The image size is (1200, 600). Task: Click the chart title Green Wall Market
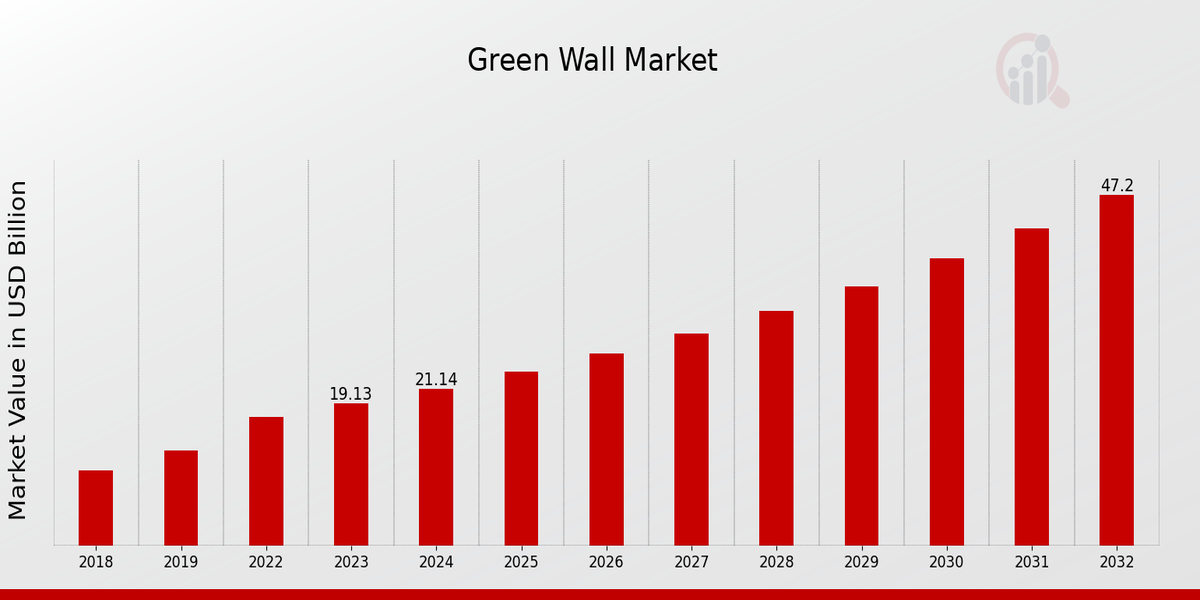592,61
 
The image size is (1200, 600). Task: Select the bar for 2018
96,507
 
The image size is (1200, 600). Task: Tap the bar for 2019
181,497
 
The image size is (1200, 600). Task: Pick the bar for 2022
266,480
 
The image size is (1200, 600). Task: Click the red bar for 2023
351,474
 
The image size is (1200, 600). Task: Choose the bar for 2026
606,449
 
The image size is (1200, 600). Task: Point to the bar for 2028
776,427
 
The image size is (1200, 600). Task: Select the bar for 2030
946,401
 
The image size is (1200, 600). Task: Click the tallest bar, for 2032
1116,370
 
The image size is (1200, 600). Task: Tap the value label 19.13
350,394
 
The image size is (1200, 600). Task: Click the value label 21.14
436,380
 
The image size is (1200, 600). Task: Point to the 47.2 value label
1117,186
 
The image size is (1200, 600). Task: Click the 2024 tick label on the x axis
436,562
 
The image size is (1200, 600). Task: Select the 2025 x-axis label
521,562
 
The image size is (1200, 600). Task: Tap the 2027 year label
691,562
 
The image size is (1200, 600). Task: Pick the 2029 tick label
861,562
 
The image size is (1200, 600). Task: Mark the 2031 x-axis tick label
1031,562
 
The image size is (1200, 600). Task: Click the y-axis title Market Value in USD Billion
18,350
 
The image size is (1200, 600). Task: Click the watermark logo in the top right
1031,70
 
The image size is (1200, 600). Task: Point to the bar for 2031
1031,386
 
